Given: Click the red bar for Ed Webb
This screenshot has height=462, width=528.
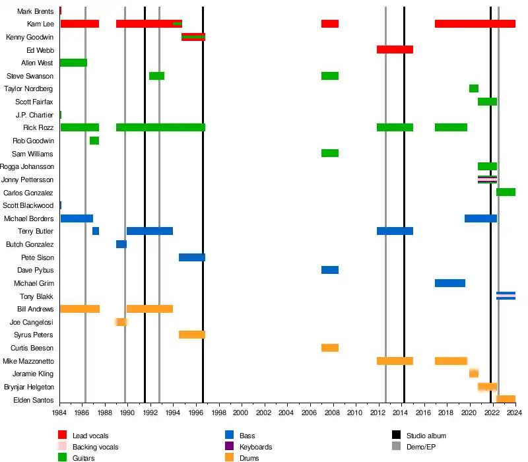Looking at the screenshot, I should (395, 49).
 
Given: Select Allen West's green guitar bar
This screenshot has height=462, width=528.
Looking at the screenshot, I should (73, 63).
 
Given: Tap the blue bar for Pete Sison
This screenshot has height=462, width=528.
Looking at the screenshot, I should (192, 257).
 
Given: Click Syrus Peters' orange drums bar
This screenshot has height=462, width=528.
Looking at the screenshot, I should (192, 335).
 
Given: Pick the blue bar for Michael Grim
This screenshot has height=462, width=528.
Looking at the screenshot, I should (450, 283).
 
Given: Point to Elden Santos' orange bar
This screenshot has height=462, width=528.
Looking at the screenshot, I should (506, 399).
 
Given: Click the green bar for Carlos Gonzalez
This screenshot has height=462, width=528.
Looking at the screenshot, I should (506, 192).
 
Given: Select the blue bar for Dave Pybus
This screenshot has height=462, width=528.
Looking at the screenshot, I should (330, 270).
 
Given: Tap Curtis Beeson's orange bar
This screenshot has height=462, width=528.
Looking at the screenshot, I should (330, 348).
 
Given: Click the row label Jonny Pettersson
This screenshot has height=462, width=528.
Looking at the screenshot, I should (28, 180).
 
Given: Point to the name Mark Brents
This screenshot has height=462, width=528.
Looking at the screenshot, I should (36, 11).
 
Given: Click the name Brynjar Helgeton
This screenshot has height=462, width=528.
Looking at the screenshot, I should (29, 387).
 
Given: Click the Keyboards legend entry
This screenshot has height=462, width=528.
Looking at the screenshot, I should (255, 447).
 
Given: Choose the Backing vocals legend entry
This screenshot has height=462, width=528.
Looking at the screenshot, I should (91, 447).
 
